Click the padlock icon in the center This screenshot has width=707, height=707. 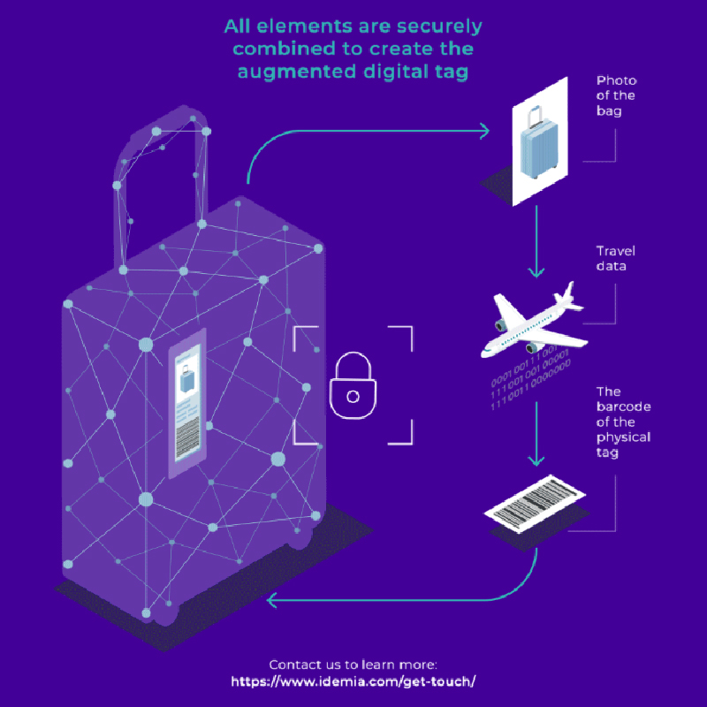[x=353, y=385]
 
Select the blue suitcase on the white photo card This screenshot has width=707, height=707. [x=539, y=143]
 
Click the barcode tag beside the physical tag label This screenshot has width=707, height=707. [x=535, y=504]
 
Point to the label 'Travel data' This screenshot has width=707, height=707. [x=615, y=258]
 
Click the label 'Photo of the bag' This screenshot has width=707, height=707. [x=616, y=95]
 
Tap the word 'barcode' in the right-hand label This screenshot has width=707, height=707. [x=623, y=407]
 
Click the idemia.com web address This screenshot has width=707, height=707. [x=353, y=681]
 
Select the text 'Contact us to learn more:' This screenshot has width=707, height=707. [x=353, y=665]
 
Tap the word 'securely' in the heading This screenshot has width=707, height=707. [x=439, y=27]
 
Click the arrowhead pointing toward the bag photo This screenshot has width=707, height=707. [x=484, y=131]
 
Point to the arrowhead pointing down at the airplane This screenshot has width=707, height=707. [x=536, y=272]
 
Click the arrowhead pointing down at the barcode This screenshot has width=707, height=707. [x=536, y=460]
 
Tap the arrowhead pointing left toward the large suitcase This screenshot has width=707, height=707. [x=271, y=601]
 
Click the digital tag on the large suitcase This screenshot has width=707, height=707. [x=187, y=403]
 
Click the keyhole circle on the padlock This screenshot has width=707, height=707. [x=353, y=397]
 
